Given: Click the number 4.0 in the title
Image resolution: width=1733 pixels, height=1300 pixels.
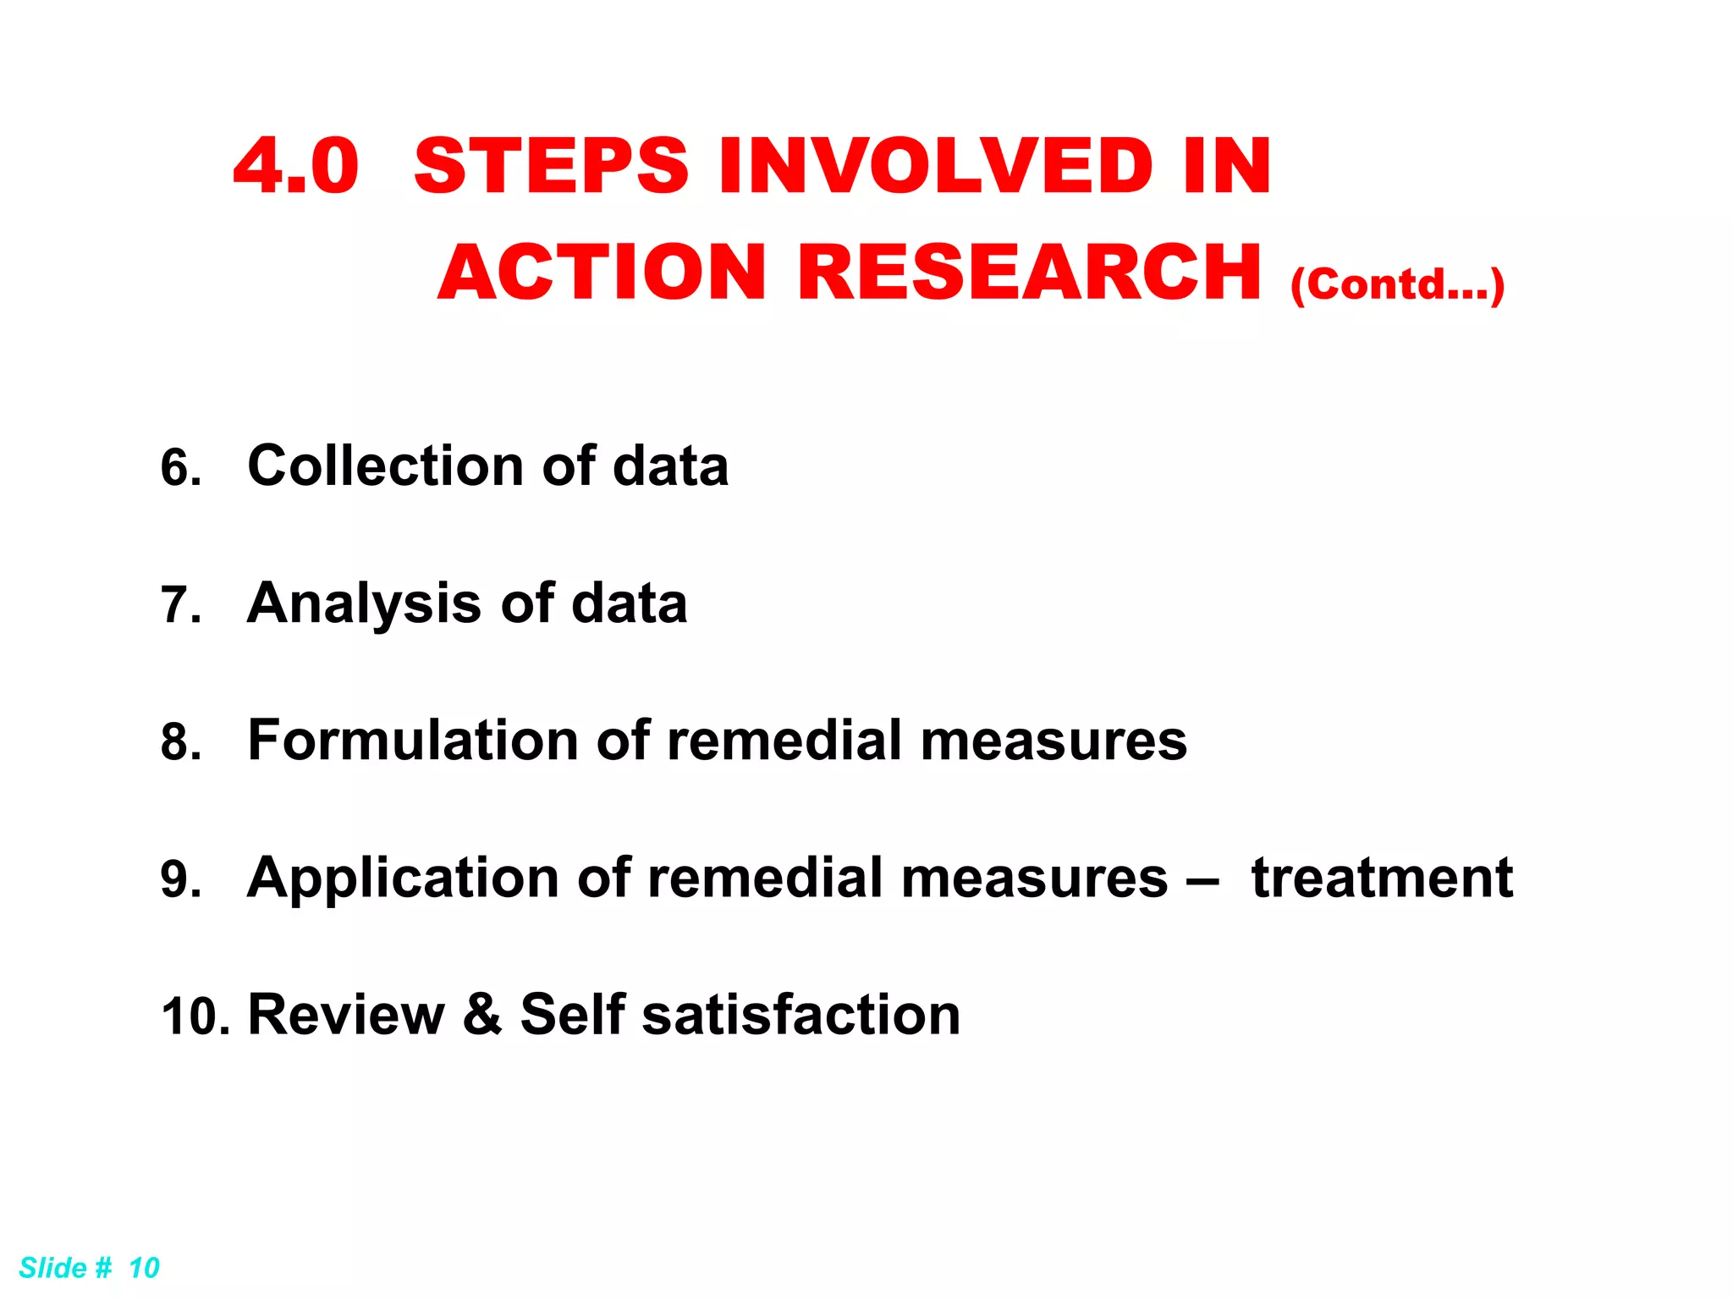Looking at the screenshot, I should coord(296,166).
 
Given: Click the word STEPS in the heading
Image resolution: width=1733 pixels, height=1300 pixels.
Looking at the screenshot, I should coord(551,166).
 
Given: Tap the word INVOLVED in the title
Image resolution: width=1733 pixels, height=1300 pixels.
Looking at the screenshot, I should coord(936,166).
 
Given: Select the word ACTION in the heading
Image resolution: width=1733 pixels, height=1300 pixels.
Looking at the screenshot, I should coord(602,273).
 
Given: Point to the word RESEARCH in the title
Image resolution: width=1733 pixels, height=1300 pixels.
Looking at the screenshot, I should coord(1029,273).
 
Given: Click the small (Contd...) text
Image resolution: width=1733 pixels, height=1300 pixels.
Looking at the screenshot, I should coord(1397,284).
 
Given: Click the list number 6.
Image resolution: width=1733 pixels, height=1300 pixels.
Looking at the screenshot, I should coord(181,468).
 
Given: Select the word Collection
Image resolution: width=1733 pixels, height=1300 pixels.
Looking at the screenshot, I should coord(386,466).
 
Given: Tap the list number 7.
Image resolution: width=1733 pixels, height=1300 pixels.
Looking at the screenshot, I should coord(181,606).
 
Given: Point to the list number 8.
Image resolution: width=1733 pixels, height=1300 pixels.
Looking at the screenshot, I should coord(181,742).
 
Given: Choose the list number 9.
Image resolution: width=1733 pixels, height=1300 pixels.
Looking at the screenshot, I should coord(181,879).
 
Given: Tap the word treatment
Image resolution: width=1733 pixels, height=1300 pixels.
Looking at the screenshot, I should coord(1382,879).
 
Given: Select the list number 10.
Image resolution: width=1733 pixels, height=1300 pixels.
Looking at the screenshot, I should coord(195,1016).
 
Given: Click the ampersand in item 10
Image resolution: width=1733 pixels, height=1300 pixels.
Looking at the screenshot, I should coord(482,1014).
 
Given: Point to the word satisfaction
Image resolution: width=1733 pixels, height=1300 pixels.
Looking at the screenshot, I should coord(800,1015).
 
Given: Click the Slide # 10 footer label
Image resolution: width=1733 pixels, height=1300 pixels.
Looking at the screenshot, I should coord(89,1268).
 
